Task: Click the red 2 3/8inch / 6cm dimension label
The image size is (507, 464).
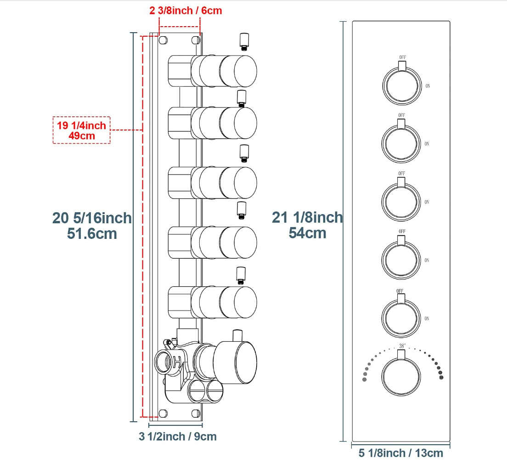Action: click(x=186, y=11)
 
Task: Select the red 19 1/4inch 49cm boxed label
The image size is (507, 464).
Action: click(x=81, y=130)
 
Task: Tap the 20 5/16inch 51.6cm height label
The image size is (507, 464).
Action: click(x=92, y=226)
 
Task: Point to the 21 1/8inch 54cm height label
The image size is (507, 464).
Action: click(x=307, y=225)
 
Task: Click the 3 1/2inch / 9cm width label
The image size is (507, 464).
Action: click(x=178, y=436)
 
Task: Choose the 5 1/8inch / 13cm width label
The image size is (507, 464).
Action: click(x=400, y=453)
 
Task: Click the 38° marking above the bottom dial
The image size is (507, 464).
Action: click(x=402, y=346)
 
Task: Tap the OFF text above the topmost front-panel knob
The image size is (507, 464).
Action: click(x=403, y=57)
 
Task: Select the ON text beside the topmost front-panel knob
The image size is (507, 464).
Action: click(x=428, y=86)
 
